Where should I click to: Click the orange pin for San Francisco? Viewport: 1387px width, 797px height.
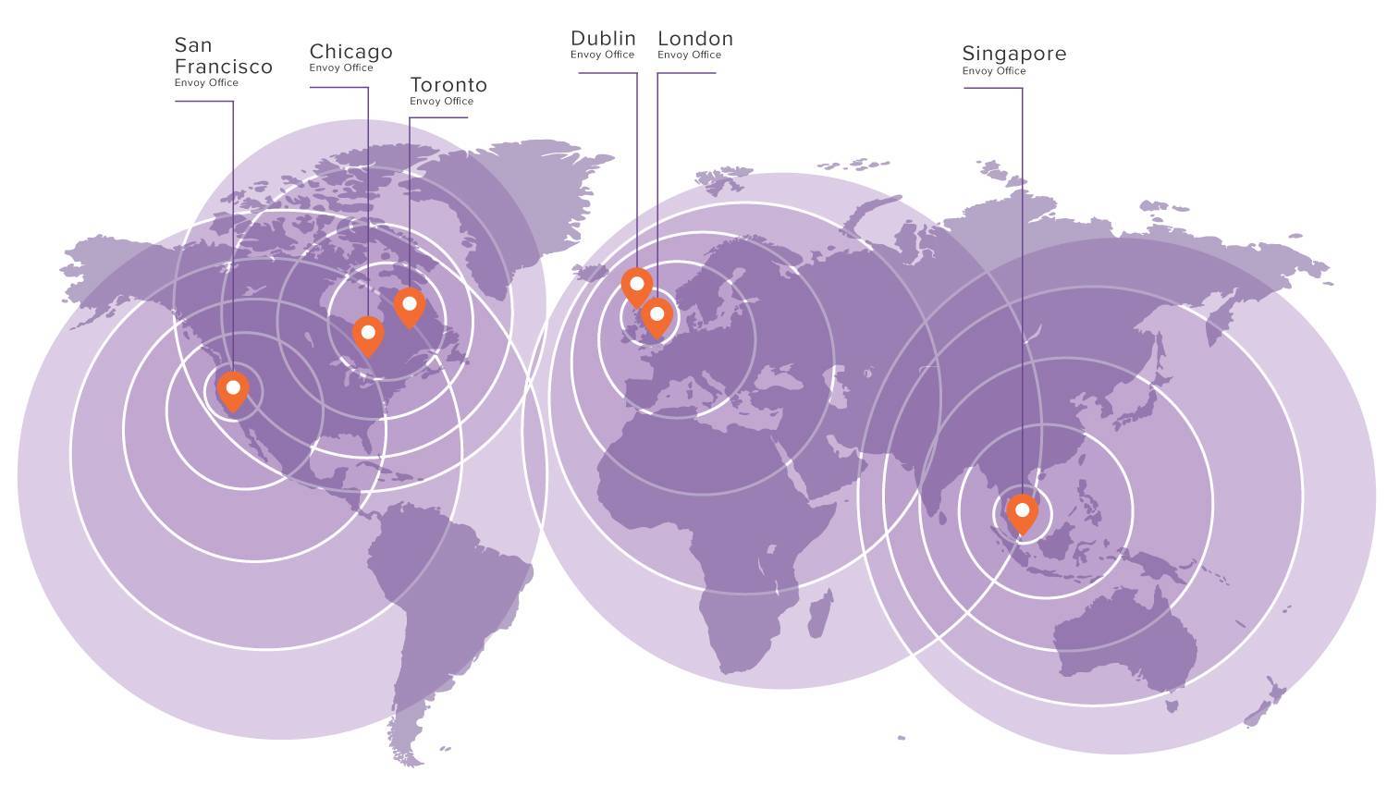233,388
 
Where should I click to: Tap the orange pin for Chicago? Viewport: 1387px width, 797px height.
368,333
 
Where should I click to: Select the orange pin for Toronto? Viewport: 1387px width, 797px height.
409,304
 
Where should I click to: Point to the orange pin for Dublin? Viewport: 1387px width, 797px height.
636,285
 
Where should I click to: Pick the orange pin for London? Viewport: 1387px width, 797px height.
657,315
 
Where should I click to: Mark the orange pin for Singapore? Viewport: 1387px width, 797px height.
1022,511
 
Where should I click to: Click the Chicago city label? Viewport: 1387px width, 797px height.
350,52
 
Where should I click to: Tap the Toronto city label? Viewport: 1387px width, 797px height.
448,85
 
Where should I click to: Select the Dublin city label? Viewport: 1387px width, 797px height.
603,39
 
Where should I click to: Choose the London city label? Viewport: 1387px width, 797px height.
695,39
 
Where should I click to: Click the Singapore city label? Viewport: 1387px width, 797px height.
1013,54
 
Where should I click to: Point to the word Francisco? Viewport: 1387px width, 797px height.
224,67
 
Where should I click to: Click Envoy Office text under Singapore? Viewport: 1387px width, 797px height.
994,71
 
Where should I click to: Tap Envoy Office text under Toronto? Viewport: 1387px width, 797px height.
441,102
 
